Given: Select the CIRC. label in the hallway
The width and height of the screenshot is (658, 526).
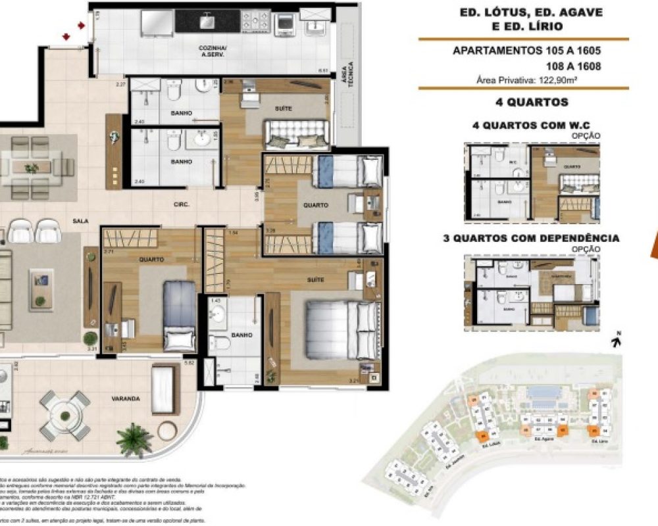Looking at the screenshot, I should [182, 204].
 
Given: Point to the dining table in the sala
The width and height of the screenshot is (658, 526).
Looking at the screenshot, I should [32, 168].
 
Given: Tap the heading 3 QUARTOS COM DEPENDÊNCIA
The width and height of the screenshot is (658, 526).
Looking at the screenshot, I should [531, 238].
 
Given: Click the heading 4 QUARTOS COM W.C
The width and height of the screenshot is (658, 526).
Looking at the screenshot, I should [522, 125].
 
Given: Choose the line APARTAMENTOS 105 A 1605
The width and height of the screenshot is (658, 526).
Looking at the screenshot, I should [527, 51].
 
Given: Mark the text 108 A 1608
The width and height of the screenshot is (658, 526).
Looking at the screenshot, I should [573, 66].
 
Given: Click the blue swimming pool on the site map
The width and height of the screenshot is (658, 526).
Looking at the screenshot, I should [545, 393].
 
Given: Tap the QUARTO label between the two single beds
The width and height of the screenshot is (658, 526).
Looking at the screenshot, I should [316, 205].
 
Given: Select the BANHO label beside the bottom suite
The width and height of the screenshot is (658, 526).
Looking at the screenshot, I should [242, 335].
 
